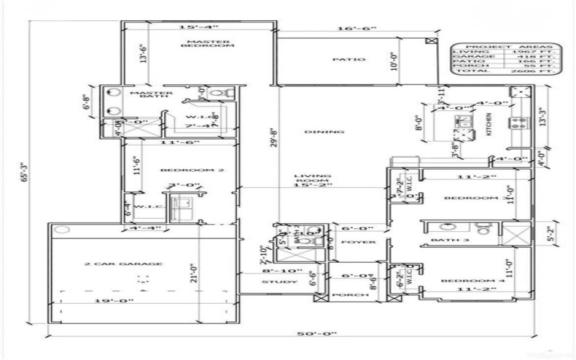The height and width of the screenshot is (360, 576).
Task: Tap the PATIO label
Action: click(x=343, y=60)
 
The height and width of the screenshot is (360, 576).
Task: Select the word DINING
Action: click(x=314, y=132)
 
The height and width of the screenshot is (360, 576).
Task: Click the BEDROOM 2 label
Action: click(x=182, y=170)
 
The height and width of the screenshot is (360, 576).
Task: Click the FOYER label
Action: click(x=358, y=242)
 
